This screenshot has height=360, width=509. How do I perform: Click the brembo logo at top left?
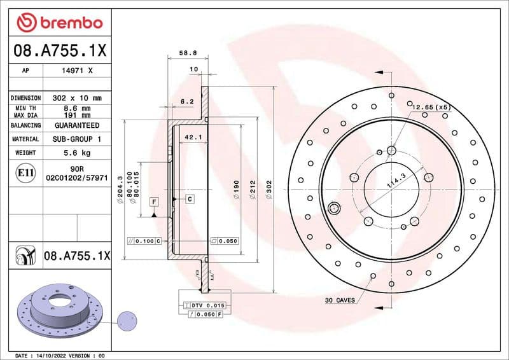click(59, 24)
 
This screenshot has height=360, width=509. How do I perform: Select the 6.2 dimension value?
click(187, 101)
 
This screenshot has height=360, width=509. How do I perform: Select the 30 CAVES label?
click(339, 300)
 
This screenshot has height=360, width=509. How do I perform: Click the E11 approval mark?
click(22, 172)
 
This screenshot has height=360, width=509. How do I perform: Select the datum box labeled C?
click(190, 200)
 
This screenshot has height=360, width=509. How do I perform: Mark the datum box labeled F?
click(153, 202)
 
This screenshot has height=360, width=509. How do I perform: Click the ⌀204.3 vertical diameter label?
click(120, 190)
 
